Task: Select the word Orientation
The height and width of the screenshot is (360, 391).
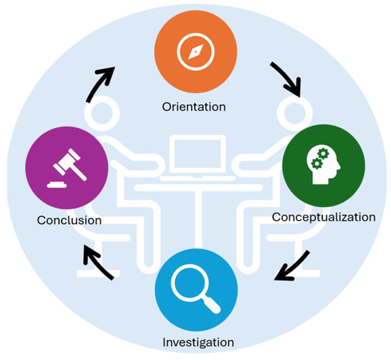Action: (x=195, y=107)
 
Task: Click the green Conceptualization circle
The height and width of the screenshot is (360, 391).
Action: (x=323, y=167)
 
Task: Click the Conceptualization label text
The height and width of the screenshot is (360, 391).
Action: (x=323, y=217)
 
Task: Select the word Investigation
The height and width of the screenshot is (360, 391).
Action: (x=196, y=343)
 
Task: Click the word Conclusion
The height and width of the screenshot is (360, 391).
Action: (x=69, y=221)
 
